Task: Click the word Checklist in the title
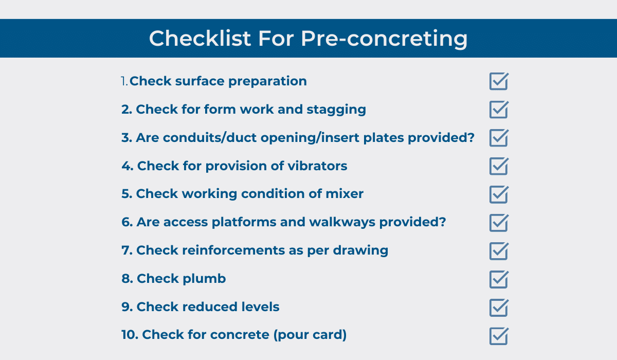200,38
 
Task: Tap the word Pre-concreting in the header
384,39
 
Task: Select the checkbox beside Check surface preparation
499,81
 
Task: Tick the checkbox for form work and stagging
499,110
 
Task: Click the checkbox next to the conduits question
499,138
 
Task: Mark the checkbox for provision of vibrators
499,166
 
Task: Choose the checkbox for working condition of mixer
499,195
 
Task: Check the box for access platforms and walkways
499,223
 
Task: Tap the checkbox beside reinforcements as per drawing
499,251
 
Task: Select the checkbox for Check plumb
499,280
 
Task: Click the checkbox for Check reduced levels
499,308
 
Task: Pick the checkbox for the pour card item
499,336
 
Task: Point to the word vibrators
317,166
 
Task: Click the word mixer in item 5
344,194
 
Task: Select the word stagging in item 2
336,110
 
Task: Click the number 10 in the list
130,335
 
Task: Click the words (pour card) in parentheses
310,335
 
